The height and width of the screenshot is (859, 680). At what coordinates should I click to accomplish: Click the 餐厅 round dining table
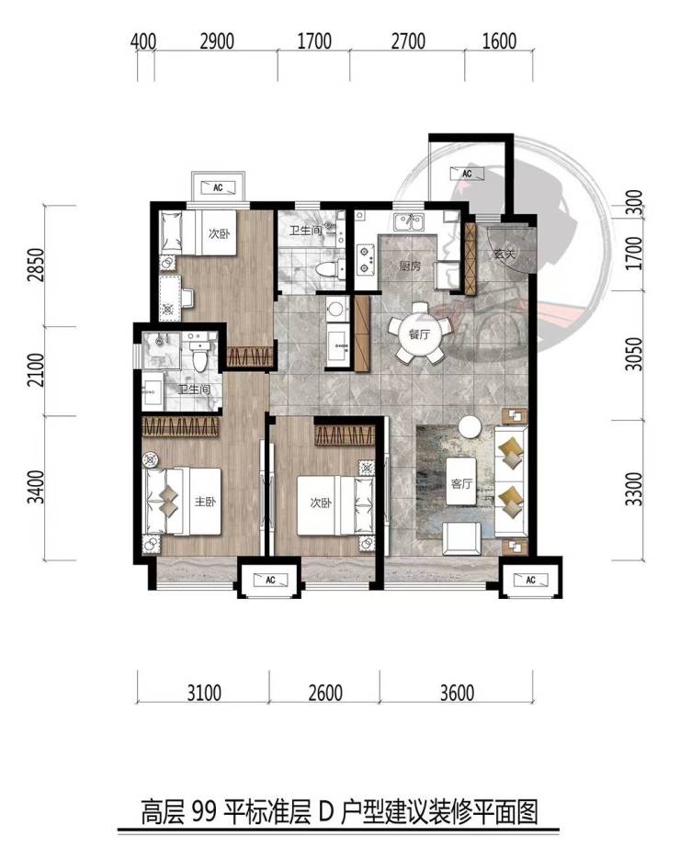click(420, 333)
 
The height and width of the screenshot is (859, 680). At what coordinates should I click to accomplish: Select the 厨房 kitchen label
click(410, 266)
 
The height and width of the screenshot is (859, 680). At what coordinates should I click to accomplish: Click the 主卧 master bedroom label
click(205, 502)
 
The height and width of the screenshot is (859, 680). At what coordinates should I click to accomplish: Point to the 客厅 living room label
click(461, 484)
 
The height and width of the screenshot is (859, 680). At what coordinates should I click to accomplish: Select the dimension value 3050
click(634, 355)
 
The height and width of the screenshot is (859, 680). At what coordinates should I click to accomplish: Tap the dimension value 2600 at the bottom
click(325, 693)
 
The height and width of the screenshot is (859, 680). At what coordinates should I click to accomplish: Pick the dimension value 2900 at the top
click(217, 41)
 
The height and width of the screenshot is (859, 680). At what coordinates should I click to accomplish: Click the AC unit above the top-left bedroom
click(218, 187)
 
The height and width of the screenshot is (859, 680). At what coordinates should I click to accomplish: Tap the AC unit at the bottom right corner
click(530, 580)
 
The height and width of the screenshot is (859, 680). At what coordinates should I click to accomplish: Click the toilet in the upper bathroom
click(329, 269)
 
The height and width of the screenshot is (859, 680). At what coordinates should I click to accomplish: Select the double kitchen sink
click(408, 223)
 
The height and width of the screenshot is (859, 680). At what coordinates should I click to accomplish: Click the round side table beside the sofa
click(470, 427)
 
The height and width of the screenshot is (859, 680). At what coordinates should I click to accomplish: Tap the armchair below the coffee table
click(462, 539)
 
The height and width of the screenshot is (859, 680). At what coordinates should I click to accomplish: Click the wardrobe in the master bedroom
click(181, 427)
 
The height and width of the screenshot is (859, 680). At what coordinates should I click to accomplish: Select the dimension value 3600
click(458, 693)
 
